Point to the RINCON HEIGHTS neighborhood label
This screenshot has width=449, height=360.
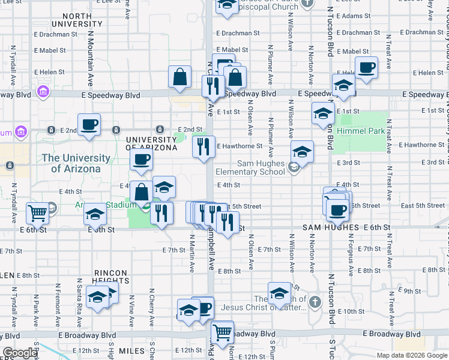pyautogui.click(x=111, y=277)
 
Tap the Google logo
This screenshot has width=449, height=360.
pyautogui.click(x=20, y=353)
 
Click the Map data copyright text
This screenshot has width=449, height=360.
pyautogui.click(x=412, y=355)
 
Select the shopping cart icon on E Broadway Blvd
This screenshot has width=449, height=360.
pyautogui.click(x=223, y=332)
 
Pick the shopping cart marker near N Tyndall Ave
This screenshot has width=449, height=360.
pyautogui.click(x=38, y=212)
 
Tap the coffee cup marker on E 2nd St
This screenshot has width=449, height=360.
pyautogui.click(x=89, y=125)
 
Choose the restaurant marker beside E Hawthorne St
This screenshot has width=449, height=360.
pyautogui.click(x=203, y=146)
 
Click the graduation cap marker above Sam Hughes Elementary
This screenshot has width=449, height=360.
pyautogui.click(x=302, y=152)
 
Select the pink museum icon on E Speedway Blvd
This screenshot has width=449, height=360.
pyautogui.click(x=43, y=92)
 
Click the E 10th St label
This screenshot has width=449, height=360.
pyautogui.click(x=352, y=311)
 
